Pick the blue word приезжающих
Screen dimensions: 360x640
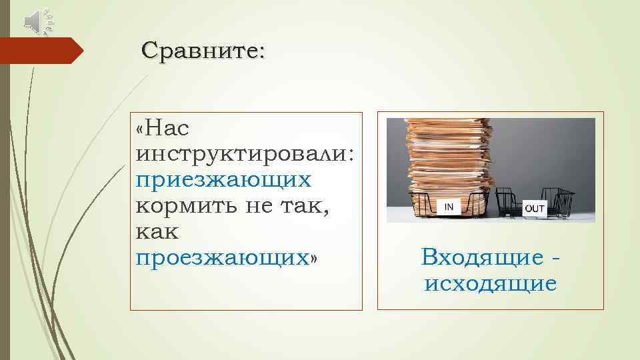(x=223, y=180)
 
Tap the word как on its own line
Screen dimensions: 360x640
(x=158, y=232)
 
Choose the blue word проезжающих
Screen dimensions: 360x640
(x=221, y=258)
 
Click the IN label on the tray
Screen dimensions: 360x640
(x=449, y=207)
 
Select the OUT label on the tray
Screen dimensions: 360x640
(x=535, y=209)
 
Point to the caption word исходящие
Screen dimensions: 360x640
(x=491, y=285)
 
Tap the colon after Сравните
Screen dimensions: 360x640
(x=260, y=52)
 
